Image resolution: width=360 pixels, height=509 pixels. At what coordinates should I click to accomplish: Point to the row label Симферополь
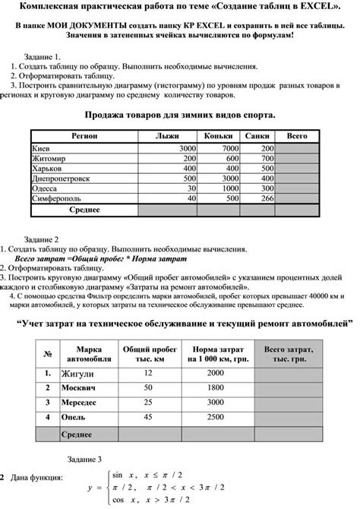pos(57,197)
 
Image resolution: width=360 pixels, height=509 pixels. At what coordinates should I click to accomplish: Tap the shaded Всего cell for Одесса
pos(296,187)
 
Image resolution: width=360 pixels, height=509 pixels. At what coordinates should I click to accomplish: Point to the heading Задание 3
pos(84,460)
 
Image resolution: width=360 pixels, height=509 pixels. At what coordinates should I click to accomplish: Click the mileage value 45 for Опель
pos(148,418)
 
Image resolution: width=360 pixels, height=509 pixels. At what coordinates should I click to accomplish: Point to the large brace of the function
pos(108,487)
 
